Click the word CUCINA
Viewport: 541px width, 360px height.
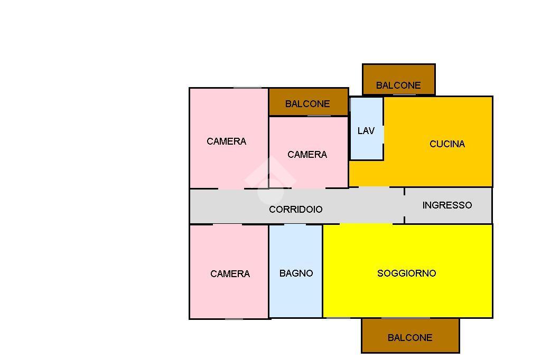tap(447, 144)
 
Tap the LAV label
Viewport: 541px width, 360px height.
tap(366, 131)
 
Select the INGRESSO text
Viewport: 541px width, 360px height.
tap(447, 205)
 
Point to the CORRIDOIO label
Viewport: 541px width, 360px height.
tap(295, 210)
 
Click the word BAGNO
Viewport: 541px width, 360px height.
tap(296, 273)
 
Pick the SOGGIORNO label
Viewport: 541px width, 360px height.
tap(406, 273)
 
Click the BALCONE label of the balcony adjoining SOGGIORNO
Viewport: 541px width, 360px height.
tap(409, 338)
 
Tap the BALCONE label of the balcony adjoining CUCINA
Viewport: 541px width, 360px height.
tap(398, 86)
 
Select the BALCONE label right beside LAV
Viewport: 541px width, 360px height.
tap(307, 104)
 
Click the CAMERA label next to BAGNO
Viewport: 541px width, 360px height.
tap(230, 274)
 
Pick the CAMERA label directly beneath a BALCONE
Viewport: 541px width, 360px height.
tap(307, 155)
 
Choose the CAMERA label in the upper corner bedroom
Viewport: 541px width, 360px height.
tap(226, 141)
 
